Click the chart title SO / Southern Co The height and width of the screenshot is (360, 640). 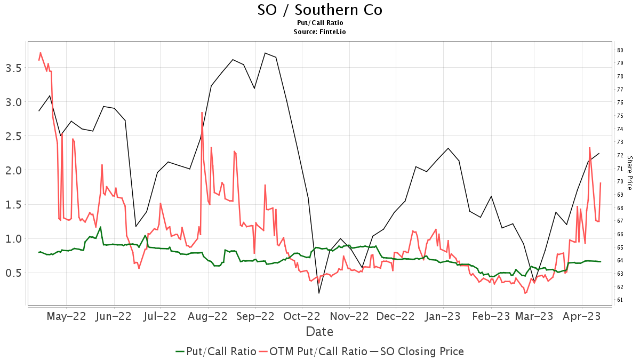coord(319,10)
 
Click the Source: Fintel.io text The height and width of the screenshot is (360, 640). coord(319,32)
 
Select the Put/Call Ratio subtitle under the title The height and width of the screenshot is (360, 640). coord(319,23)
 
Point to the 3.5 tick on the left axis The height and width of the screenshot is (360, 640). coord(13,68)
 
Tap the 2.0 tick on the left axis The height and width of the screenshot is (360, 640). coord(13,170)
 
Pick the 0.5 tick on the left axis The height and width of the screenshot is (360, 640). coord(13,273)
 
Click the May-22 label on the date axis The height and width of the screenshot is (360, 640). coord(66,316)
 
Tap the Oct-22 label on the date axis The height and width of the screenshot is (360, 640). coord(301,316)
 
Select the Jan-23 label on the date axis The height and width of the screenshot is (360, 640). coord(443,316)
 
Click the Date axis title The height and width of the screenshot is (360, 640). coord(319,332)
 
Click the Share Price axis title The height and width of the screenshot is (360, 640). coord(629,173)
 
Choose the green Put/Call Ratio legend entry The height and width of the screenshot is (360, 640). coord(216,351)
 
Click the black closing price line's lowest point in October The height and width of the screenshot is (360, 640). coord(319,293)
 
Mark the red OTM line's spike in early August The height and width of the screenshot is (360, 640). coord(202,113)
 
